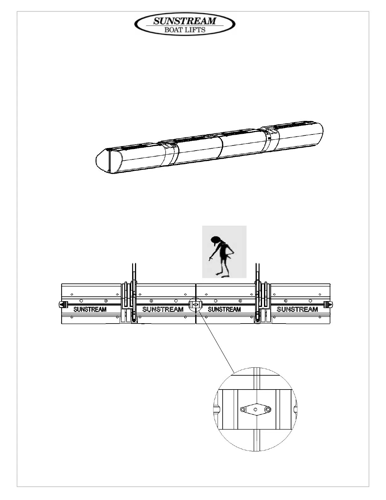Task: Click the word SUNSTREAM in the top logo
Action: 185,21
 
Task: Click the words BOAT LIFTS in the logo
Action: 185,30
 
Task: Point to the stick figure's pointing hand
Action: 210,259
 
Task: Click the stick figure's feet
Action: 222,275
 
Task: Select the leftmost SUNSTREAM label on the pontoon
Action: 90,309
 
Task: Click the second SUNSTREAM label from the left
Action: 163,309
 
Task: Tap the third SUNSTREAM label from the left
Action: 224,309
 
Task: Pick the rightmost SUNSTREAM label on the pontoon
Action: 297,309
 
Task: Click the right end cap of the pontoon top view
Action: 329,305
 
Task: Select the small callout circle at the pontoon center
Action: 195,305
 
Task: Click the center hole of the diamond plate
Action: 255,409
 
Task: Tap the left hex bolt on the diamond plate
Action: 242,409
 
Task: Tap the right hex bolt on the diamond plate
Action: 268,409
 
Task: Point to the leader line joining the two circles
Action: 218,341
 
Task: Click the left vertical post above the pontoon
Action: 134,271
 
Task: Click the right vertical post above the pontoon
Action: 258,271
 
